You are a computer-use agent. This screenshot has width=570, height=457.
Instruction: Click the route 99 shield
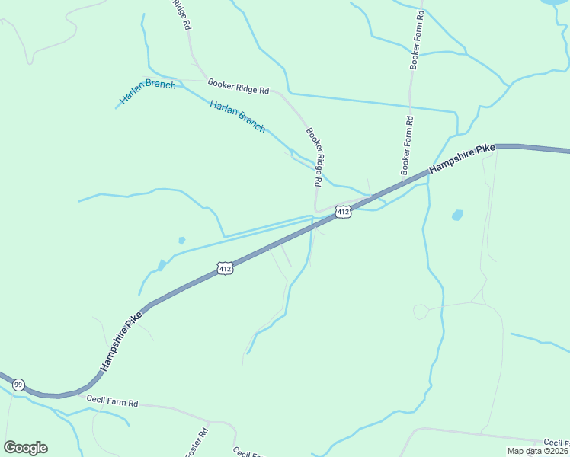19,385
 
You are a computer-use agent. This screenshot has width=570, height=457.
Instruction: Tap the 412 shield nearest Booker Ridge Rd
343,211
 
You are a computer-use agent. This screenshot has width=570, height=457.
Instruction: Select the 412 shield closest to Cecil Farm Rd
225,268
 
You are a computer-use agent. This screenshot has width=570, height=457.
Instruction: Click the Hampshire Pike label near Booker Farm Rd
462,159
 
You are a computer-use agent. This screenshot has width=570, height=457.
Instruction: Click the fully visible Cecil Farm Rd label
111,401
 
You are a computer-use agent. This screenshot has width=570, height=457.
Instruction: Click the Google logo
25,448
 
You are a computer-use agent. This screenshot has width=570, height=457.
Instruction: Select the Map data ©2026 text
538,451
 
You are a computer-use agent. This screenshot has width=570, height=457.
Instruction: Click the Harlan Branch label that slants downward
238,117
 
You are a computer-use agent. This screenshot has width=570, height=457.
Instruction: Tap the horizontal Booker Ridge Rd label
239,86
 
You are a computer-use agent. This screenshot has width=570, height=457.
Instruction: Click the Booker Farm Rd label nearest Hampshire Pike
407,144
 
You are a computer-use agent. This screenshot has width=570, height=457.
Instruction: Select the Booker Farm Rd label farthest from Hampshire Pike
417,40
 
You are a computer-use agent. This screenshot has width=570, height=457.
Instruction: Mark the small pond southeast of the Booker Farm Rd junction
456,215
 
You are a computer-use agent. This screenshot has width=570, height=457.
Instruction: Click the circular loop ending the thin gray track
421,312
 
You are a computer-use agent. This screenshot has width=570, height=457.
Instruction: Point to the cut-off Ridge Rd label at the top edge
181,14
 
